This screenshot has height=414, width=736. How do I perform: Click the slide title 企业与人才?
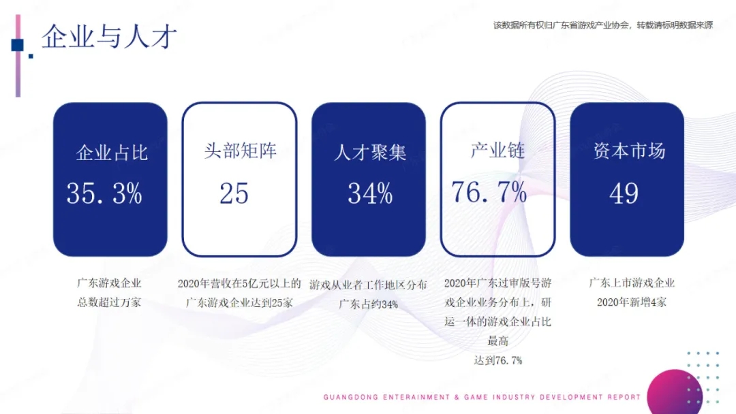click(109, 37)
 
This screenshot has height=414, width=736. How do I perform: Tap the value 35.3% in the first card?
click(104, 193)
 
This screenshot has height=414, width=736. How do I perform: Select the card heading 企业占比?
click(112, 153)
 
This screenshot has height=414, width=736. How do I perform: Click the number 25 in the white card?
click(234, 193)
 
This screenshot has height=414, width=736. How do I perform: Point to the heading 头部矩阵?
click(241, 151)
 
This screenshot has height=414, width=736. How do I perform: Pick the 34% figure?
click(370, 193)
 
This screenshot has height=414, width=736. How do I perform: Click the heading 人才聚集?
click(370, 153)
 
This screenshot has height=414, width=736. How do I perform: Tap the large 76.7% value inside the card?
click(489, 192)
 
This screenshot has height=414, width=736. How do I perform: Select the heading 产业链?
click(497, 150)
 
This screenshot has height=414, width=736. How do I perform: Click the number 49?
click(624, 193)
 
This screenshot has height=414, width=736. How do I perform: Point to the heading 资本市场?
click(629, 151)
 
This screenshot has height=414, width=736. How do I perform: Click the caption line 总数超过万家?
click(109, 302)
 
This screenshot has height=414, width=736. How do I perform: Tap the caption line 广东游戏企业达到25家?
click(239, 303)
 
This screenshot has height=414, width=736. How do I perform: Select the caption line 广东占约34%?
click(369, 304)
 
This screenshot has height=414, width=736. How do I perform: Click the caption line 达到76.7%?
click(498, 361)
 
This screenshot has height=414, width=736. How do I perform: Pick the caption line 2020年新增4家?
click(631, 302)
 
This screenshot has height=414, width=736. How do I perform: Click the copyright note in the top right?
click(602, 25)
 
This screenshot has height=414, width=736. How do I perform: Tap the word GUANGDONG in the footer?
click(351, 397)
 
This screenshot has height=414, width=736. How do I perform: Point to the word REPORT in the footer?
click(624, 397)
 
